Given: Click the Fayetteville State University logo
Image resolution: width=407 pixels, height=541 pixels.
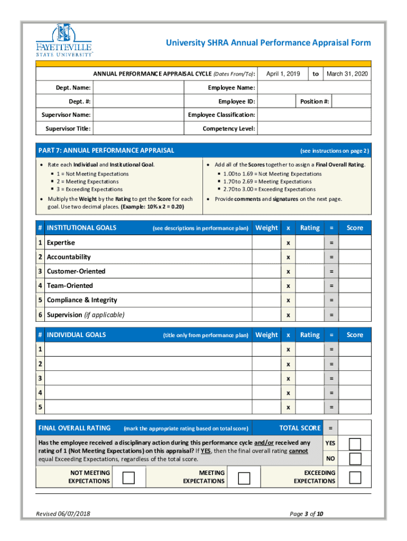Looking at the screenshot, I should (64, 40).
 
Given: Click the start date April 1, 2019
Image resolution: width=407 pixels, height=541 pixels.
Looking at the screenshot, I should (283, 74).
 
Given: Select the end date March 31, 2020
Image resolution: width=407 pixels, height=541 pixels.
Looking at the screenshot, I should (347, 74).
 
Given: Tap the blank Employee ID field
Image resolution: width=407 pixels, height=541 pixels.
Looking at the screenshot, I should (275, 101).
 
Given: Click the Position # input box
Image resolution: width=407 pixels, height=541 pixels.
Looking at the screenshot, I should (351, 101).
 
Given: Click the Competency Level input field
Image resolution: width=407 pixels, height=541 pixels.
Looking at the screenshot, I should (314, 128).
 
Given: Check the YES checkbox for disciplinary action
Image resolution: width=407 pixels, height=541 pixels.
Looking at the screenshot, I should (355, 443).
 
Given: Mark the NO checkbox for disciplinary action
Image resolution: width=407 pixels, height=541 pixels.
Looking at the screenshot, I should (355, 459).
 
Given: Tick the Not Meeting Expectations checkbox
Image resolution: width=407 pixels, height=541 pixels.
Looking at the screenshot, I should (128, 478).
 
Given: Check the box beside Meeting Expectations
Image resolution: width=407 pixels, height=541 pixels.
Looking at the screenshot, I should (244, 478).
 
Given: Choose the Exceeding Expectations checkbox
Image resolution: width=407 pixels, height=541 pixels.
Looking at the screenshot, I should (355, 478).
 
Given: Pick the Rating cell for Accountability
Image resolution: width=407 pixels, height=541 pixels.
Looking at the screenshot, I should (309, 257).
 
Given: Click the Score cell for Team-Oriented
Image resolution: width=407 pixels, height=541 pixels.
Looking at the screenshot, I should (355, 286).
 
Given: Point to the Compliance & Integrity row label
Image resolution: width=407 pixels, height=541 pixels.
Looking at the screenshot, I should (82, 300).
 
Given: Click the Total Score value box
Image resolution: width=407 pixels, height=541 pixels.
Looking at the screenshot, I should (355, 428).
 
